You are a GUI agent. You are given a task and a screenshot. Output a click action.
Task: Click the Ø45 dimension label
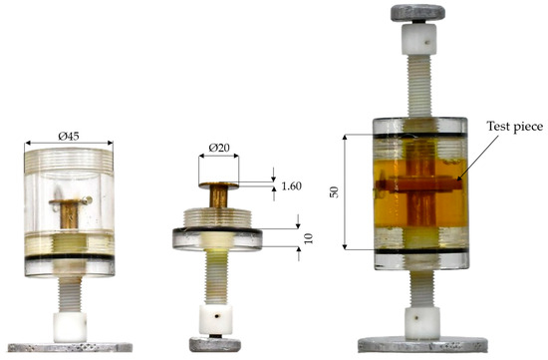(69, 136)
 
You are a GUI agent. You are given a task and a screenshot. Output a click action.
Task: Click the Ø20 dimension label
(219, 148)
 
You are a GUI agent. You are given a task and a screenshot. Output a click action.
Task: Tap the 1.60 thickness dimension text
(292, 186)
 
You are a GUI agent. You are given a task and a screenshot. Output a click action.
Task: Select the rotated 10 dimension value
(308, 238)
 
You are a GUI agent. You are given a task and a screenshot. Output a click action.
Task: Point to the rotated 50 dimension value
(334, 192)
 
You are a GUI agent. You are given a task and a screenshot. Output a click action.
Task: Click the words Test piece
(515, 127)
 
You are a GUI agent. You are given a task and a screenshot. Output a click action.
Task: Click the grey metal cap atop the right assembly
(417, 13)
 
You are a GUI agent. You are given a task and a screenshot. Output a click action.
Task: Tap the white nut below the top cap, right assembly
(418, 39)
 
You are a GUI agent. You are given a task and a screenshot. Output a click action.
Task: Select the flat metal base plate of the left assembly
(70, 347)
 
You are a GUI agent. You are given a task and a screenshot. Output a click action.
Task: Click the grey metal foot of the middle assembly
(215, 345)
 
